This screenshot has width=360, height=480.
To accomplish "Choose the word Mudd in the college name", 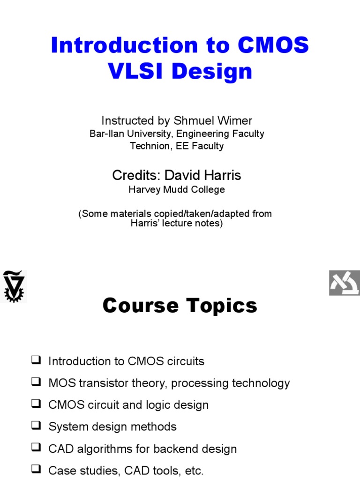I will point(174,190).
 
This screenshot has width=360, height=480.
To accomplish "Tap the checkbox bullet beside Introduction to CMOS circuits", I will point(36,360).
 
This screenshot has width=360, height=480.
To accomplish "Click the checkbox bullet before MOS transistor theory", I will point(36,382).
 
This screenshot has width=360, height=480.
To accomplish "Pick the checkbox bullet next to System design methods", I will point(36,426).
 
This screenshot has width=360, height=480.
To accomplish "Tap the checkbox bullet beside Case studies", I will point(36,470).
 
